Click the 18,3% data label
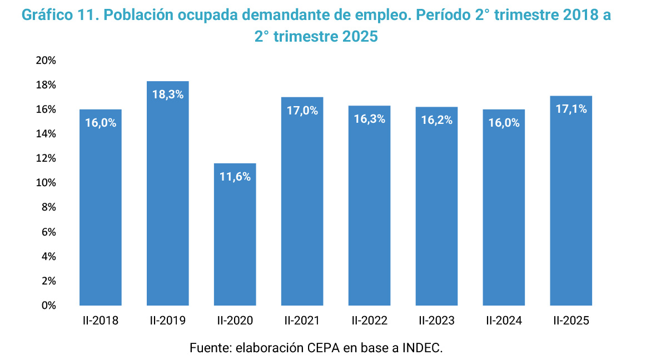pos(168,94)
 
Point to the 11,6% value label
pos(235,177)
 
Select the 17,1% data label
pos(571,109)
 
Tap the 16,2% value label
pos(437,121)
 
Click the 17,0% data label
pos(302,111)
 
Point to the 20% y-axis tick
pos(46,61)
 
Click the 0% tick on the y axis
pos(48,305)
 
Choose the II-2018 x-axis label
pos(101,321)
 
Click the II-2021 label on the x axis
pos(302,321)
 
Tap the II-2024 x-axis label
pos(504,321)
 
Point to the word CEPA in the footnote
pos(321,348)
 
